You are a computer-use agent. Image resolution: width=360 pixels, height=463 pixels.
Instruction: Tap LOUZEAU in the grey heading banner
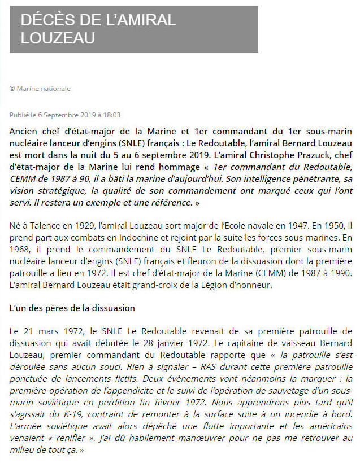click(58, 38)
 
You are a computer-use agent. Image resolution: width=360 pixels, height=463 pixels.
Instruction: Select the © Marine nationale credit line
click(40, 89)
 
